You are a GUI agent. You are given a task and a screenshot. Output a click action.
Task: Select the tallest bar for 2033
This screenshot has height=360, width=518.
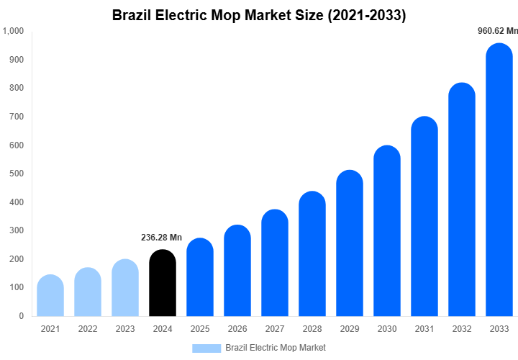point(499,180)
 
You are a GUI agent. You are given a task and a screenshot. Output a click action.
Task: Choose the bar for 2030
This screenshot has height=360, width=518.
point(387,230)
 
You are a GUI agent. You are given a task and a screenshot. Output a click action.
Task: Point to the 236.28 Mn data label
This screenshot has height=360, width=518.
point(161,238)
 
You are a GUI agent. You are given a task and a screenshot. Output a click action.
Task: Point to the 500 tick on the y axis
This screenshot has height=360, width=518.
point(17,174)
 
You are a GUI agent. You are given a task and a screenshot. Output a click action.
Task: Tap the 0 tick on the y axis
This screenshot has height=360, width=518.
point(21,316)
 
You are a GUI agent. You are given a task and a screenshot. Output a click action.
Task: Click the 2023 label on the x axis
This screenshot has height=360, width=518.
point(125,329)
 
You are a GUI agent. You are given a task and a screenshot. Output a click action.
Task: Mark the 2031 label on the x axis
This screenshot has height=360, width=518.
point(424,329)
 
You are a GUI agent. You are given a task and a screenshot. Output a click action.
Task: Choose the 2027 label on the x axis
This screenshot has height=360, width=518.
point(275,329)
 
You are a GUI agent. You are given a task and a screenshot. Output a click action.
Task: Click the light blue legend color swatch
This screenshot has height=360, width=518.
point(206,348)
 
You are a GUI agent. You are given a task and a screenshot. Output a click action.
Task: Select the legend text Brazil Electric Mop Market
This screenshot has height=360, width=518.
point(276,348)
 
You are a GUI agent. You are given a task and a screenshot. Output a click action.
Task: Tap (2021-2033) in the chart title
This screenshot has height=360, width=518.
point(366,15)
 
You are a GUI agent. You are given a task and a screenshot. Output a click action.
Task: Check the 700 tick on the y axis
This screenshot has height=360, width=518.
point(17,117)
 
